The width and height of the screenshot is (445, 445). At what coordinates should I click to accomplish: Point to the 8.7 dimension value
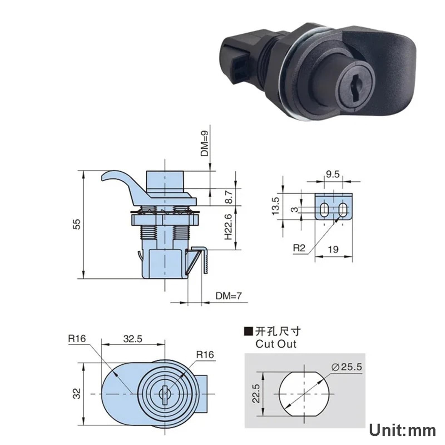pyautogui.click(x=229, y=197)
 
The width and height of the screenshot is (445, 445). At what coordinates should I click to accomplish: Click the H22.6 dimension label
pyautogui.click(x=228, y=227)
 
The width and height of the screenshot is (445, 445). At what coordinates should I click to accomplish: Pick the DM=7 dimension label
pyautogui.click(x=229, y=296)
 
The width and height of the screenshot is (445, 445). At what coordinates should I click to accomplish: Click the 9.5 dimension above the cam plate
pyautogui.click(x=333, y=174)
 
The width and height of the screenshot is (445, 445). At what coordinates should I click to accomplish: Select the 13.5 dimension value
pyautogui.click(x=275, y=206)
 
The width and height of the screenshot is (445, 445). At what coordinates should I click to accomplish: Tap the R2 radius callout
pyautogui.click(x=299, y=248)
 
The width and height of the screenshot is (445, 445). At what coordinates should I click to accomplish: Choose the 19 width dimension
pyautogui.click(x=333, y=249)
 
